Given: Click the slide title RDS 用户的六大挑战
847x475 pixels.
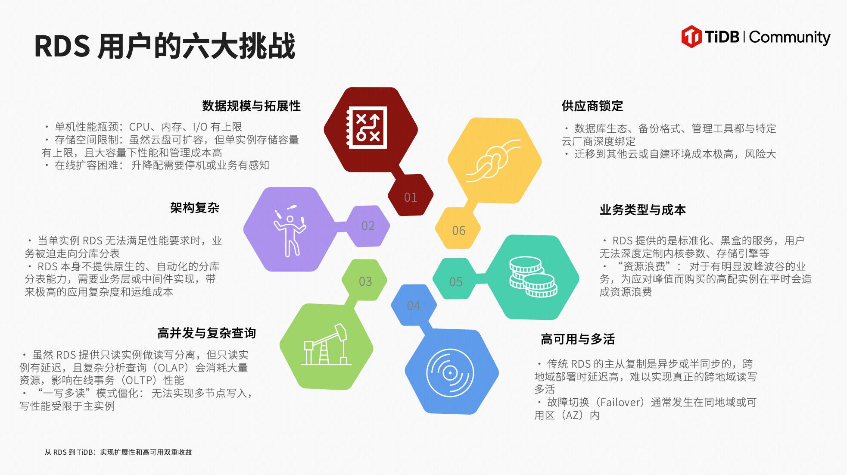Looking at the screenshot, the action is tap(165, 46).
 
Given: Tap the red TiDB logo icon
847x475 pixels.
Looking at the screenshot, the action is tap(691, 37).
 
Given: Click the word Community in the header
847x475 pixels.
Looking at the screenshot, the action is tap(790, 37).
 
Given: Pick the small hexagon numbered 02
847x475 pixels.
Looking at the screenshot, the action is tap(367, 226).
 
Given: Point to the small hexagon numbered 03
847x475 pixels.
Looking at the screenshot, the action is tap(365, 280).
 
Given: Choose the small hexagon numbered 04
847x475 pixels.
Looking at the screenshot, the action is tap(414, 305).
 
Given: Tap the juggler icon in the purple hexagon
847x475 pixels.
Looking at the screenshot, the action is tap(290, 231).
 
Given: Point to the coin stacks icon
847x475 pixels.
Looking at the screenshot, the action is tap(533, 277).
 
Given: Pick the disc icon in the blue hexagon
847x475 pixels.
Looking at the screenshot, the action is tap(450, 373).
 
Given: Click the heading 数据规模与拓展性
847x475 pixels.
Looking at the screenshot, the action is tap(252, 106).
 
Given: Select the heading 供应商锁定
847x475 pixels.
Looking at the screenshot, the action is tap(592, 106).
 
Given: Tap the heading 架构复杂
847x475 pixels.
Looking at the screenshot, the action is tap(195, 208).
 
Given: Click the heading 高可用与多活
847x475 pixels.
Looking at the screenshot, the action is tap(578, 339).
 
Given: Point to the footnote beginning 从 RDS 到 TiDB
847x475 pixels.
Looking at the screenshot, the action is tap(118, 452).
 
